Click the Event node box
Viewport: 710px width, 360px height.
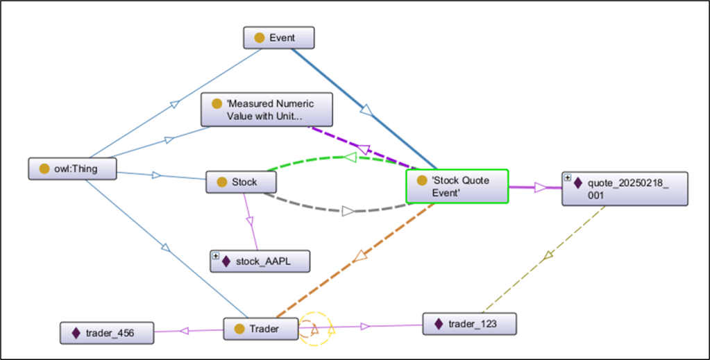pos(279,38)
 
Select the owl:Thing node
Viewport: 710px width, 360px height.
pos(72,169)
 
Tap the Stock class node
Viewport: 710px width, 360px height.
pos(242,182)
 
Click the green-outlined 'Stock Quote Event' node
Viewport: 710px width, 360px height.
pos(457,186)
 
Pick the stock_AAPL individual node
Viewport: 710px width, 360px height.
pos(260,261)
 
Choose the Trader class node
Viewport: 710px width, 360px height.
pos(261,329)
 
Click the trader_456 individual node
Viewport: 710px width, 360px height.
pos(106,333)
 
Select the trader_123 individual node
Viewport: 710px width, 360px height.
pos(468,324)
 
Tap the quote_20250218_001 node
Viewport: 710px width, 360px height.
pos(625,189)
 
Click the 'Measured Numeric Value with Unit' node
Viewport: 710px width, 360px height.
pos(267,110)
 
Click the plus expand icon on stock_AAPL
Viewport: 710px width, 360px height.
pos(216,256)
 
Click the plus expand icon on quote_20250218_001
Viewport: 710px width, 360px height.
pos(568,178)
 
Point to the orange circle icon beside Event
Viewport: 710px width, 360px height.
pos(259,38)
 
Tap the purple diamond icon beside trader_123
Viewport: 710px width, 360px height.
pos(439,324)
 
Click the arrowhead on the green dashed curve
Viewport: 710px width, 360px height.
pos(350,157)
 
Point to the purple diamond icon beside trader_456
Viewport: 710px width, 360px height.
pos(76,333)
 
